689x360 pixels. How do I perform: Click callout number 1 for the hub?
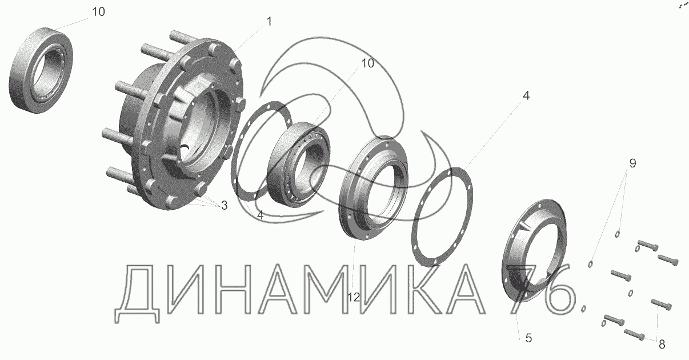[269, 22]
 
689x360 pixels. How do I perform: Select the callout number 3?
[224, 205]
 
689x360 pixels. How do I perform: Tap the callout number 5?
[528, 338]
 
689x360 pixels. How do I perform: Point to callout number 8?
[662, 344]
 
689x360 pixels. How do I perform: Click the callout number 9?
[632, 163]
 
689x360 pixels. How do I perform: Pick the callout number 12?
[354, 297]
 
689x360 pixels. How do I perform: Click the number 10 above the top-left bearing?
[98, 11]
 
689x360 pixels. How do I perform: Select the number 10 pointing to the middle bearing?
[367, 63]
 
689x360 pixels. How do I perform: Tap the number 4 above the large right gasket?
[526, 95]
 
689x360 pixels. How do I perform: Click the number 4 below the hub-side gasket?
[260, 215]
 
